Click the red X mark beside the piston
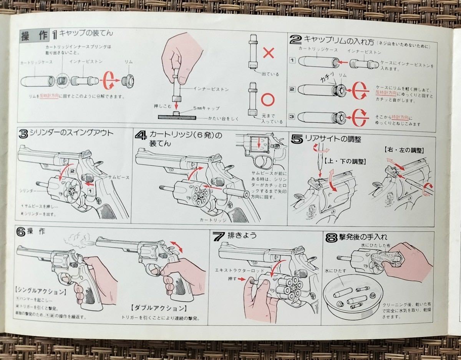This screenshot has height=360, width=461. tap(269, 52)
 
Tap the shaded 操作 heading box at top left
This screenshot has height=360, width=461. tap(35, 36)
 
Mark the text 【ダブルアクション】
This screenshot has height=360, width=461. tap(159, 308)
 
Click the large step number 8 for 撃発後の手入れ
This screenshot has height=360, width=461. tap(331, 237)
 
